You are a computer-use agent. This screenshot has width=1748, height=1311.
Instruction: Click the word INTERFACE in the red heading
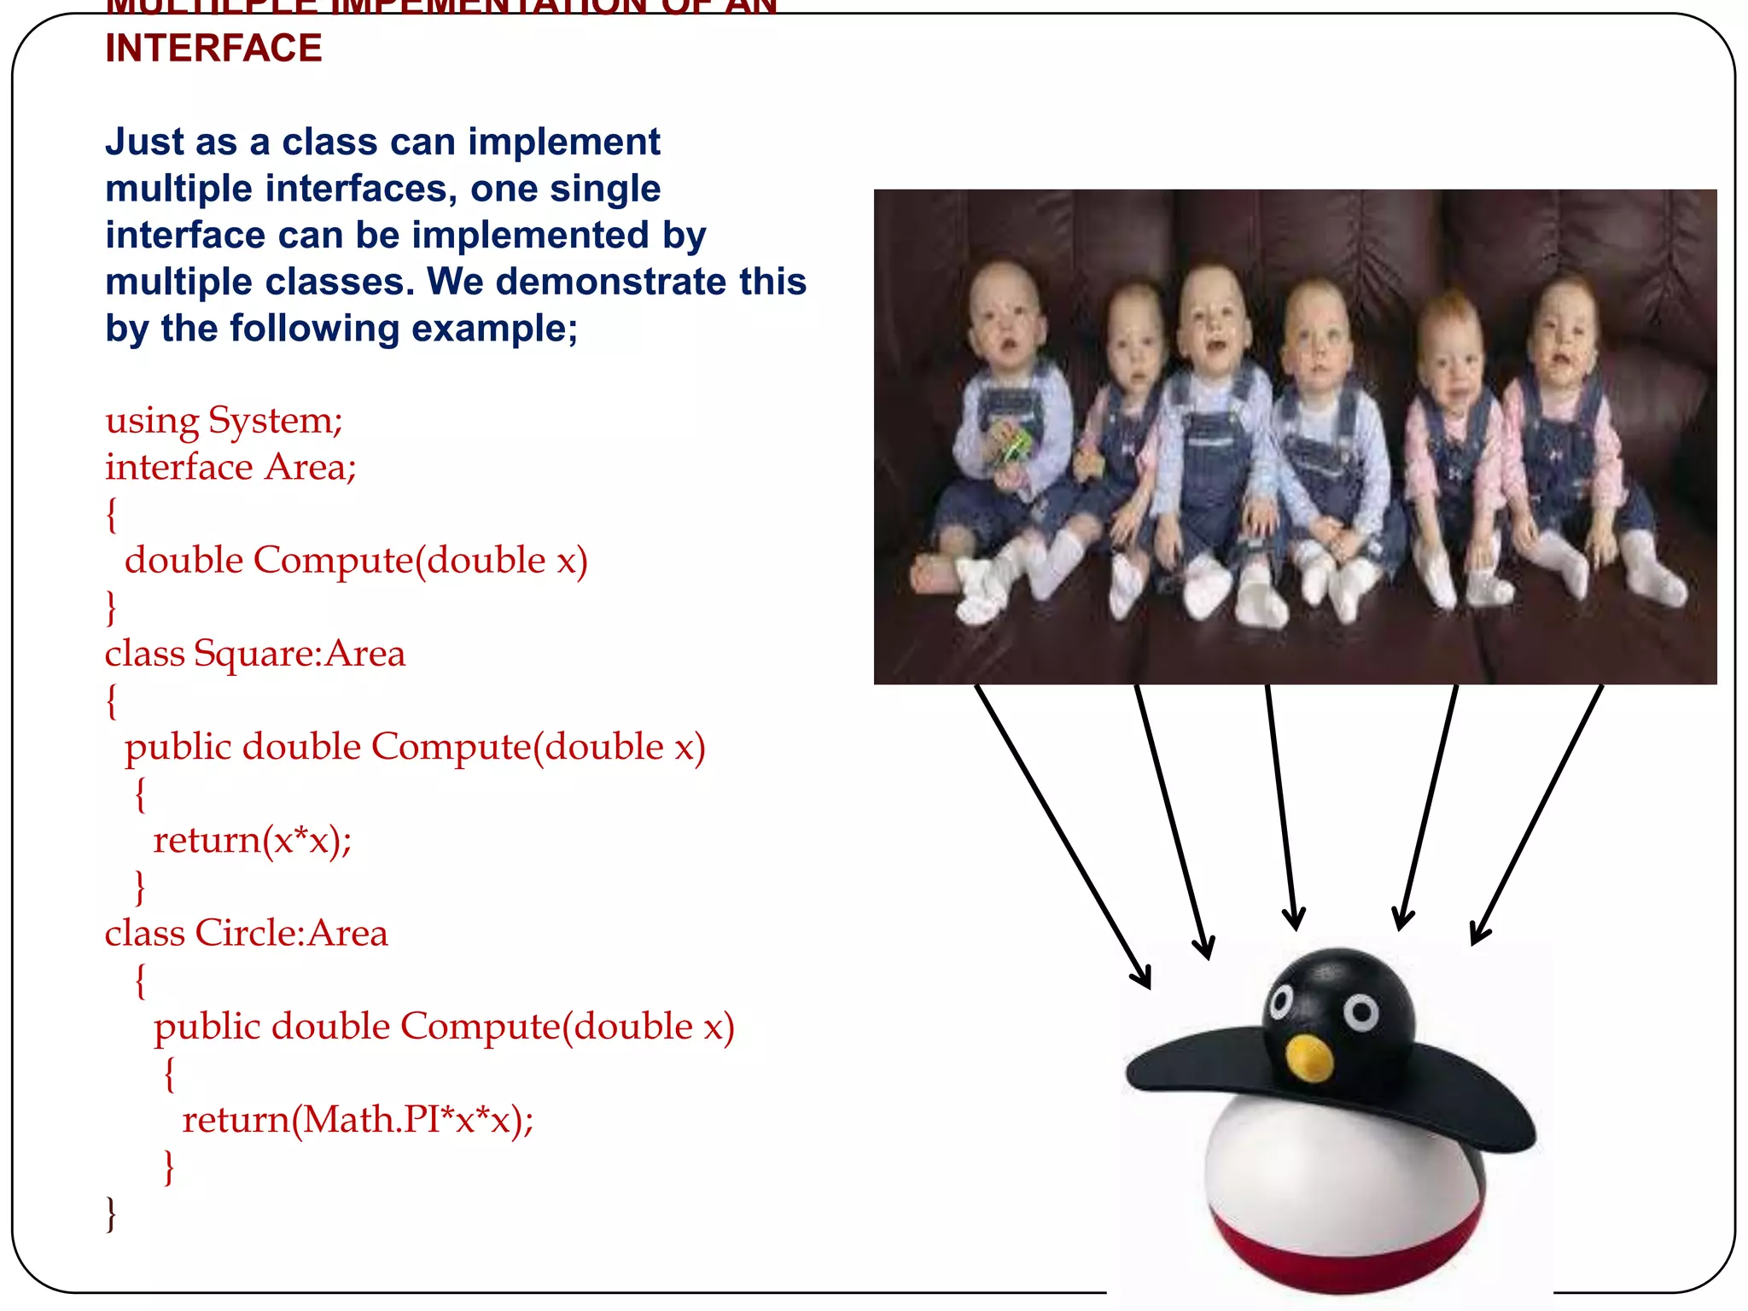pyautogui.click(x=213, y=48)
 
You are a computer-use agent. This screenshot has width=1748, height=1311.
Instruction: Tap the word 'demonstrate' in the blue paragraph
pyautogui.click(x=611, y=282)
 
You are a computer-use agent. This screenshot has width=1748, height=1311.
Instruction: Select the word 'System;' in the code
pyautogui.click(x=275, y=420)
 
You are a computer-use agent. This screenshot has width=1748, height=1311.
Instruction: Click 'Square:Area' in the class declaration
pyautogui.click(x=299, y=654)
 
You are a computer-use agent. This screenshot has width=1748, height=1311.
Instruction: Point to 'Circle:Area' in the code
pyautogui.click(x=291, y=933)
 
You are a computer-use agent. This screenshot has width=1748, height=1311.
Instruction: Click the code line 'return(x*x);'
pyautogui.click(x=252, y=840)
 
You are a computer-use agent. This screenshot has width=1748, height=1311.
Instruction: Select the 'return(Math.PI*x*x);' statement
pyautogui.click(x=358, y=1119)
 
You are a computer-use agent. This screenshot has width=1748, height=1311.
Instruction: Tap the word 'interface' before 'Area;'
pyautogui.click(x=178, y=467)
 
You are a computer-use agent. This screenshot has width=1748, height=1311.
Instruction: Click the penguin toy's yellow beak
pyautogui.click(x=1308, y=1058)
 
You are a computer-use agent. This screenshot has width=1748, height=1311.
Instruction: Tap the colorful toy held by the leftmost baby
pyautogui.click(x=1012, y=444)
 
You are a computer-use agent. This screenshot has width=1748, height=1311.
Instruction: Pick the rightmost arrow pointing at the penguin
pyautogui.click(x=1536, y=811)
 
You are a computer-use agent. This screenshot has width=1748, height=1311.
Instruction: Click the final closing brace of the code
pyautogui.click(x=110, y=1213)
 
